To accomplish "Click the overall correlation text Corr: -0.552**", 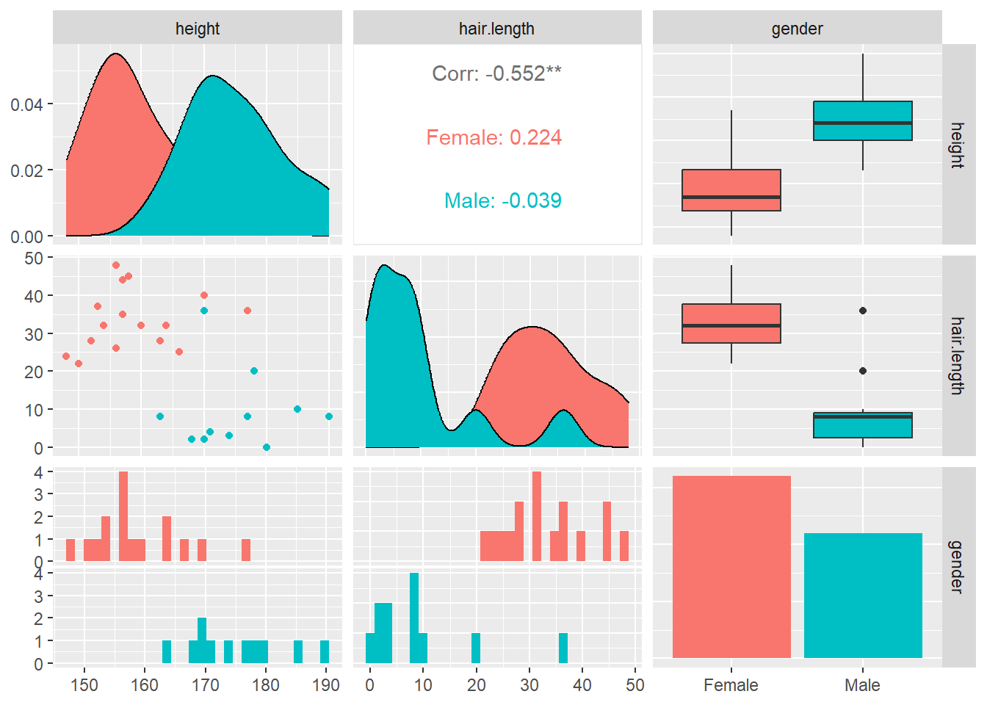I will click(x=496, y=73).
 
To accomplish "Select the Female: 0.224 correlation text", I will click(x=493, y=137).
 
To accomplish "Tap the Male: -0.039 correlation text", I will click(x=502, y=200).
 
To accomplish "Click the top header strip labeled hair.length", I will click(x=496, y=29).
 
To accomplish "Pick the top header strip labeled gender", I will click(x=797, y=29).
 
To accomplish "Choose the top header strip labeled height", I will click(x=197, y=29).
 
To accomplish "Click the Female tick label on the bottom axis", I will click(x=731, y=685).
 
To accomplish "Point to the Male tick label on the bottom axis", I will click(x=862, y=685).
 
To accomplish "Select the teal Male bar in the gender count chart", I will click(x=863, y=595).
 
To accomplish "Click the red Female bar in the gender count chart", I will click(x=731, y=566).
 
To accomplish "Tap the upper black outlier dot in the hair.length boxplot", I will click(x=863, y=311).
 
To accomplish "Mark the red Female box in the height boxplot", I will click(x=731, y=190).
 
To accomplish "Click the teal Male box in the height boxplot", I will click(x=863, y=120).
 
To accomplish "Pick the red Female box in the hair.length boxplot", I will click(x=731, y=323).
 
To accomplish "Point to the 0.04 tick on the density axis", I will click(x=26, y=104).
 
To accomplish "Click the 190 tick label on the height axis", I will click(x=326, y=685).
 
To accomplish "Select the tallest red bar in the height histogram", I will click(x=123, y=516).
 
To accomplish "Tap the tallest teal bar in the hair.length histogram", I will click(x=414, y=618).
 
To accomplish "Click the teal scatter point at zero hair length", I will click(x=267, y=447).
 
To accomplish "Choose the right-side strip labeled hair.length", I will click(x=958, y=355).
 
